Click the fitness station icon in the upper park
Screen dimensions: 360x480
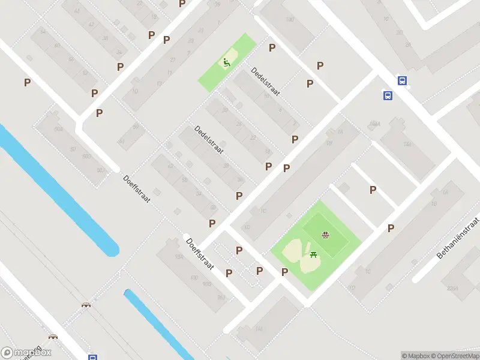tap(226, 62)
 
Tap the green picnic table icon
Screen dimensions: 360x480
tap(314, 255)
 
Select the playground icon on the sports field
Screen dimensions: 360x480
tap(325, 235)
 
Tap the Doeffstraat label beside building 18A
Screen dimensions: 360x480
tap(200, 254)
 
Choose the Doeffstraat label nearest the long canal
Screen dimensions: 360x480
tap(136, 188)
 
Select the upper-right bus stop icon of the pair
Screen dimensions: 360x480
tap(401, 81)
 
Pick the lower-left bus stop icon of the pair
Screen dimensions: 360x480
tap(388, 95)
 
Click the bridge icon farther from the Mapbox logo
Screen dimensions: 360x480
tap(86, 305)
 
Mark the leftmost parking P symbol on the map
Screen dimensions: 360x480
tap(27, 83)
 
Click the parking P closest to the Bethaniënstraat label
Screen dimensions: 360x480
tap(391, 228)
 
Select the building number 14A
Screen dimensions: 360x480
tap(407, 145)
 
